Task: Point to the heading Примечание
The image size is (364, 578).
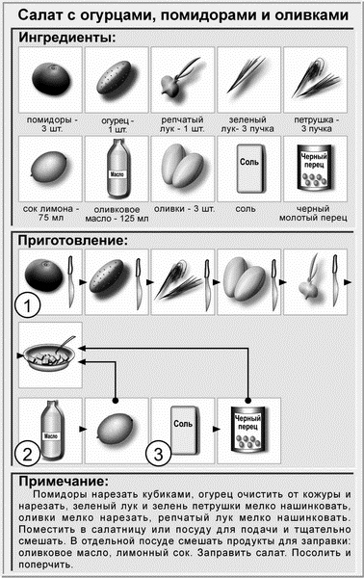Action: coord(67,481)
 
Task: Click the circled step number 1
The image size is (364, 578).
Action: coord(31,307)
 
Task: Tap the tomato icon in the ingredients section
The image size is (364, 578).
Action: coord(50,78)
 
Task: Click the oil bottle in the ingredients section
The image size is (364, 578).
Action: coord(116,166)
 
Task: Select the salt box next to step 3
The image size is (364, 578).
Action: coord(183,423)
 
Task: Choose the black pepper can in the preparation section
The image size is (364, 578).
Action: coord(248,428)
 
